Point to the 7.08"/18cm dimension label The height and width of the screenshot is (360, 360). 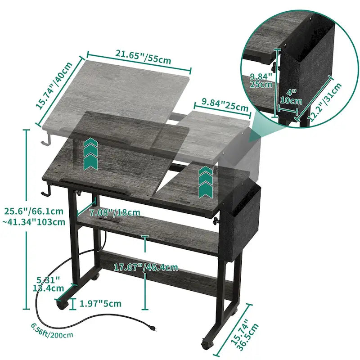click(114, 212)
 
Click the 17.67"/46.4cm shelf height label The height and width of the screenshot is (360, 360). click(145, 268)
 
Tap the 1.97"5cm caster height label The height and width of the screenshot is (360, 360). click(100, 304)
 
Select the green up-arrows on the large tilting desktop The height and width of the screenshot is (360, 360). click(90, 153)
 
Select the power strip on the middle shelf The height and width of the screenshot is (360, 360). click(110, 222)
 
